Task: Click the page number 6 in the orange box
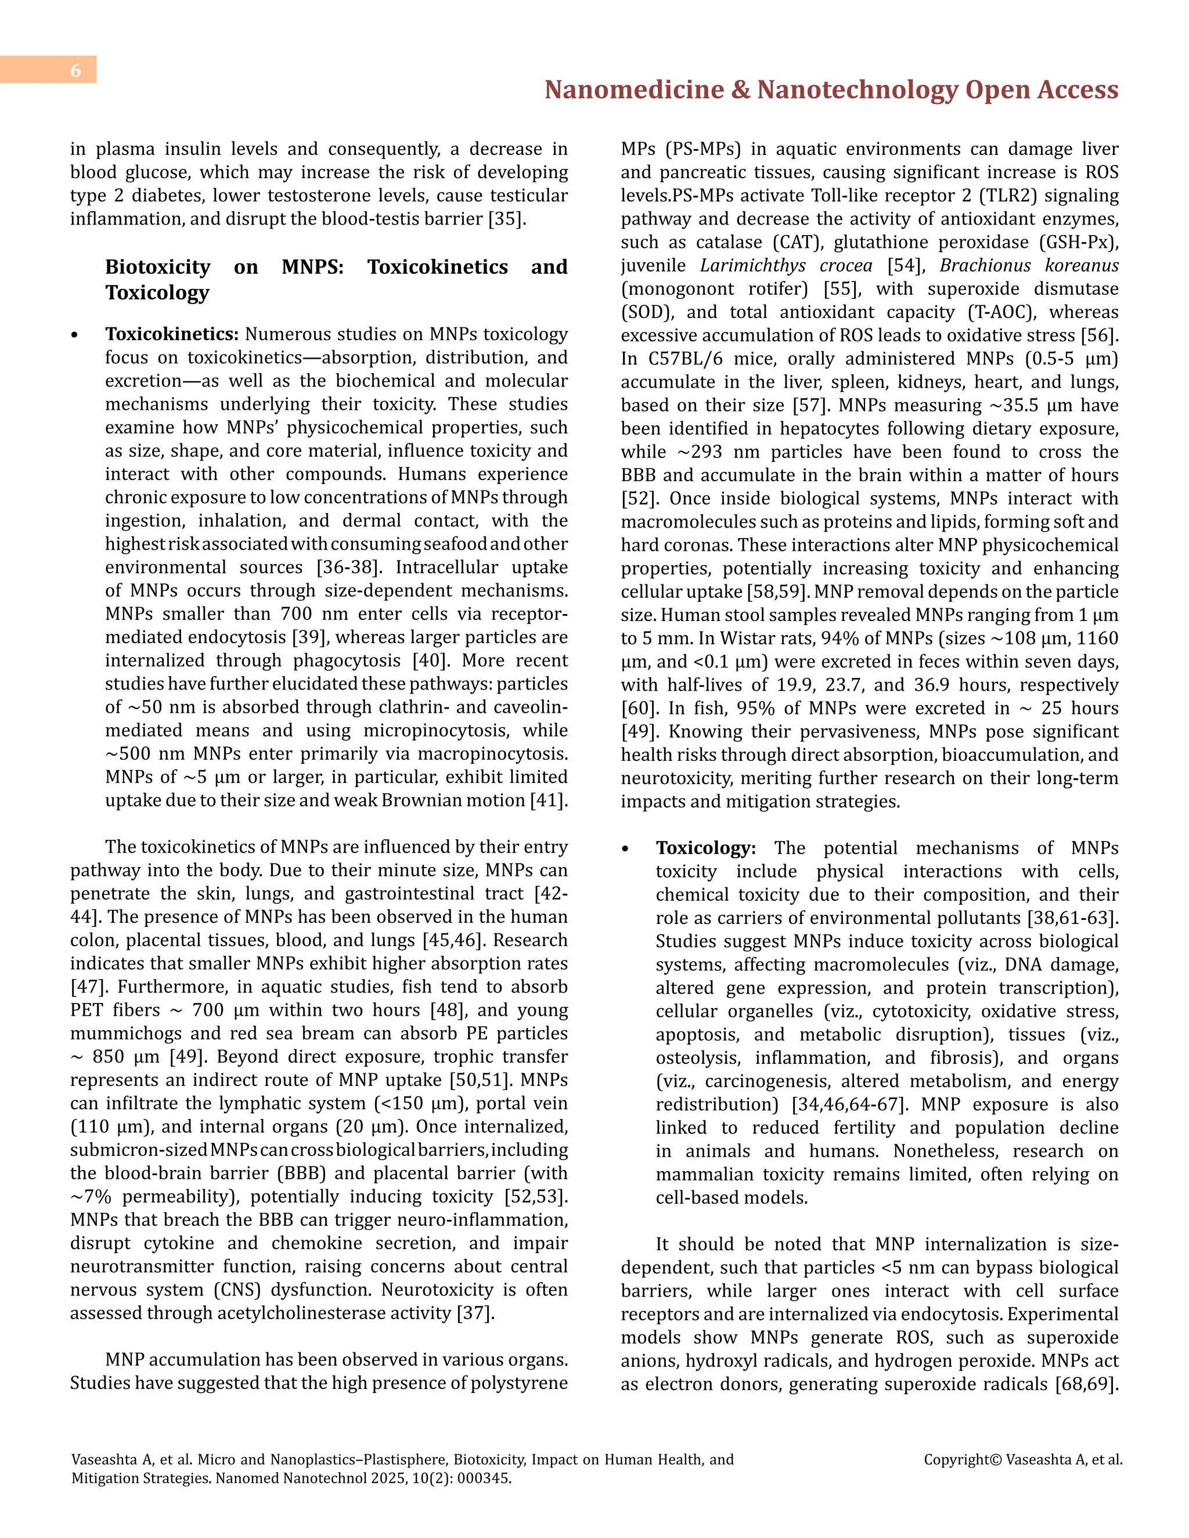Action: [x=75, y=70]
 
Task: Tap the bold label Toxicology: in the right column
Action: [x=705, y=848]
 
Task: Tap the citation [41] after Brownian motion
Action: [x=548, y=801]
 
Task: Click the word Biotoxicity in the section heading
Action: [x=158, y=267]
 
